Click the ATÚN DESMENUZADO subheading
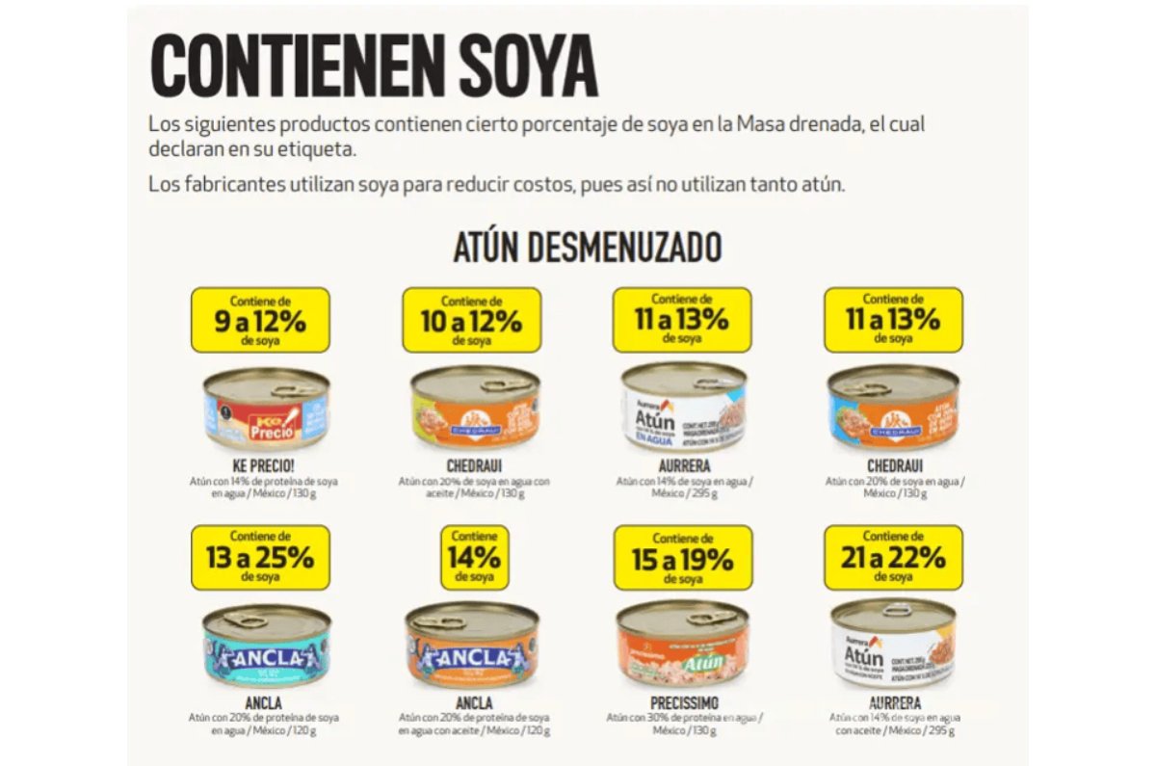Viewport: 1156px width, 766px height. [x=587, y=248]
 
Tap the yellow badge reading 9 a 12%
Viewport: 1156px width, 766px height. [x=260, y=320]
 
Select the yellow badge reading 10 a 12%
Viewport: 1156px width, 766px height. [x=471, y=320]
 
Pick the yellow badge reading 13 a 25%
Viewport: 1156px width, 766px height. [x=260, y=557]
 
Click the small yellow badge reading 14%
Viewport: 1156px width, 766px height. [x=473, y=557]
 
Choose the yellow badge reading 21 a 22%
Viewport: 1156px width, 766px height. [x=893, y=557]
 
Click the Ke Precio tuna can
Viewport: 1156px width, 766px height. [x=266, y=409]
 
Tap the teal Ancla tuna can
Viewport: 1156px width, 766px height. [x=266, y=645]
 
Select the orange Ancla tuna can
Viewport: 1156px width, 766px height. [x=472, y=645]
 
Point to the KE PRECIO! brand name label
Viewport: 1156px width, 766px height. [x=262, y=467]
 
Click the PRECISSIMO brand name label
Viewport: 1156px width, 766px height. [x=683, y=703]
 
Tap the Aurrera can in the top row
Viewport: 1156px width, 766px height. [x=683, y=407]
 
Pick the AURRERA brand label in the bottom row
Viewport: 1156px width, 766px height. [x=893, y=703]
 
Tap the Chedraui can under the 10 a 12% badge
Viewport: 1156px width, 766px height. [x=474, y=409]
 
